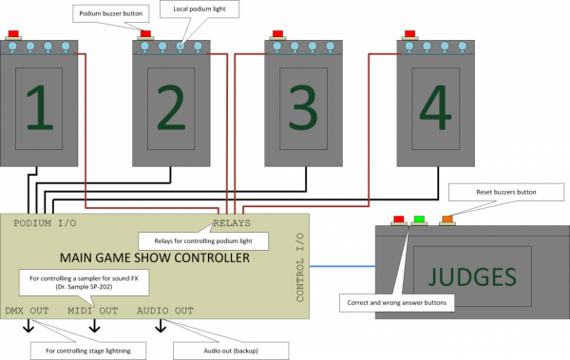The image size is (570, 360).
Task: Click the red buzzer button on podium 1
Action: (13, 34)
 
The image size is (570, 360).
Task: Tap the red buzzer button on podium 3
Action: (277, 34)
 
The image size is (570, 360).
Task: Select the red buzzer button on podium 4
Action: (410, 34)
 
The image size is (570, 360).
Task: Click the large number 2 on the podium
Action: (171, 107)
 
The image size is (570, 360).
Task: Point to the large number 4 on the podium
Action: (435, 107)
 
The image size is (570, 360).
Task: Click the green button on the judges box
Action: (419, 219)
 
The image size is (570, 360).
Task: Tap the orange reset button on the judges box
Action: (447, 219)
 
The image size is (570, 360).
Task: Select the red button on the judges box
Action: (399, 219)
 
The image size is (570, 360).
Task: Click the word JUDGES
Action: (472, 276)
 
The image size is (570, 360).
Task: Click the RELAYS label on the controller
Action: (232, 223)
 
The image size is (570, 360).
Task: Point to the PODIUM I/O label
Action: (45, 223)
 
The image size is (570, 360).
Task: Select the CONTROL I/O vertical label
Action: (300, 268)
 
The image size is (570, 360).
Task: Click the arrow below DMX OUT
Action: (28, 326)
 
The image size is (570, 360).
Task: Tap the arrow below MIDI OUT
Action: (94, 326)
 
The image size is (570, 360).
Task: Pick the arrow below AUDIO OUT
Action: (161, 326)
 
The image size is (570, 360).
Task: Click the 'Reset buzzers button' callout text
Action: (506, 192)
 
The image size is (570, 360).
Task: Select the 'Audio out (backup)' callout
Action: (231, 351)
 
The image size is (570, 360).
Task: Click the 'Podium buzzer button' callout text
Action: (111, 14)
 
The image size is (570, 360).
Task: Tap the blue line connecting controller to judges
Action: (342, 266)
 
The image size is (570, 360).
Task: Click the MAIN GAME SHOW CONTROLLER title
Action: (155, 257)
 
